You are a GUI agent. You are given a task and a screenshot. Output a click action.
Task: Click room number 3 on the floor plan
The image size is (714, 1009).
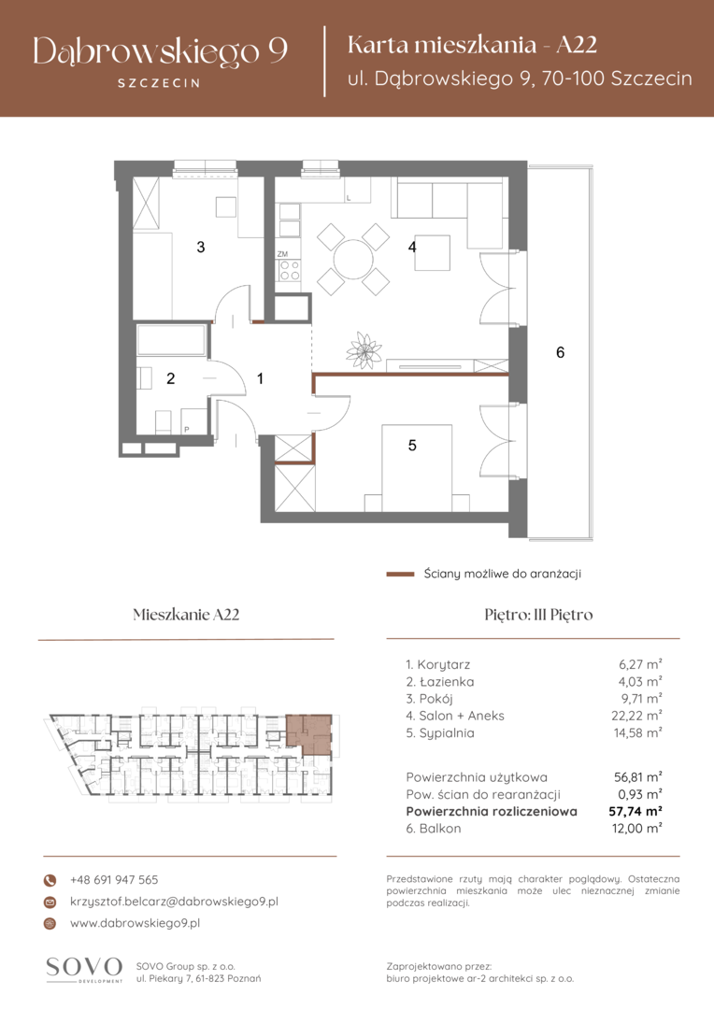(x=201, y=247)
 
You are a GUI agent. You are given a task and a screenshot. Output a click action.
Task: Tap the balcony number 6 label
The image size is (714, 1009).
(x=560, y=352)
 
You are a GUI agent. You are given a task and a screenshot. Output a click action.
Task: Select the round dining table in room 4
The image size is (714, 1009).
(x=353, y=259)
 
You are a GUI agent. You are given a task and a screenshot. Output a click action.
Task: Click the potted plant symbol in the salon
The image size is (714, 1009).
(x=364, y=350)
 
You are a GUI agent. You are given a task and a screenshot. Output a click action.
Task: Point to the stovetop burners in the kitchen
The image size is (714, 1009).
(x=289, y=270)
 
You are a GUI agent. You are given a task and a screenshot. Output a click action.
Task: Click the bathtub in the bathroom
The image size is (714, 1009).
(x=171, y=340)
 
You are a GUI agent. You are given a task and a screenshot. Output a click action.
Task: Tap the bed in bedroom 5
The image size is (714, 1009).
(x=417, y=468)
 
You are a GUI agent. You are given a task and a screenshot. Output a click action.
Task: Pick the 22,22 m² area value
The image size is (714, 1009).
(x=636, y=716)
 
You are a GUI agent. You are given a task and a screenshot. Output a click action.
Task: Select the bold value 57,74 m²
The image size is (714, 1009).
(x=635, y=812)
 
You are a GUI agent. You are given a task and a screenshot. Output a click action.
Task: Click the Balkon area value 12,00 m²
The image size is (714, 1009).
(x=636, y=829)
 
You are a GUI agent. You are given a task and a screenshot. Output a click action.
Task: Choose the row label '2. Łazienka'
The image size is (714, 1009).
(x=440, y=681)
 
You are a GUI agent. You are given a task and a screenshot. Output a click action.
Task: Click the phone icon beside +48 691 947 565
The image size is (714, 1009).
(x=50, y=880)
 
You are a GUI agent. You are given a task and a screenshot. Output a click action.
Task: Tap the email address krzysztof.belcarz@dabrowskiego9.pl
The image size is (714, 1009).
(x=174, y=902)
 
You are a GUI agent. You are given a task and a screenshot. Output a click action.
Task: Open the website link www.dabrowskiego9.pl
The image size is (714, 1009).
(x=135, y=923)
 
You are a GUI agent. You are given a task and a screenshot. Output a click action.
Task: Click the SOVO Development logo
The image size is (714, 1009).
(x=84, y=970)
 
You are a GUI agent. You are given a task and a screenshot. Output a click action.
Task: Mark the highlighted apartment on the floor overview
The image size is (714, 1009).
(x=310, y=733)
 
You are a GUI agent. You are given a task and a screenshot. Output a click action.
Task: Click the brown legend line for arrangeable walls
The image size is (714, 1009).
(x=400, y=574)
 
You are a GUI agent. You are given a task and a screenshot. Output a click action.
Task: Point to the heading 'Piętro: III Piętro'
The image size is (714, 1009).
(x=538, y=615)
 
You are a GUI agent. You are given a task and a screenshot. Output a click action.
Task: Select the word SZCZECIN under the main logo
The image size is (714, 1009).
(x=159, y=83)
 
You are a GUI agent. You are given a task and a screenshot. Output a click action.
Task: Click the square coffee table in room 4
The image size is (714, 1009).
(x=432, y=253)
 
